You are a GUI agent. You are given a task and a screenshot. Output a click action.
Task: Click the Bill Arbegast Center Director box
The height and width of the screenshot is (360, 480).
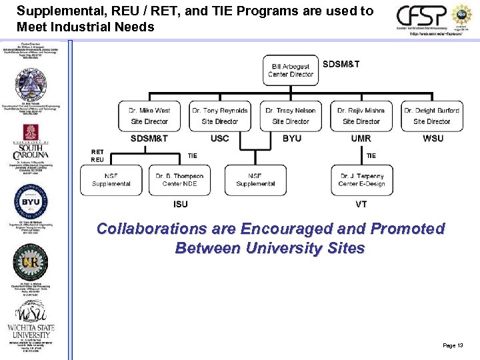(x=291, y=70)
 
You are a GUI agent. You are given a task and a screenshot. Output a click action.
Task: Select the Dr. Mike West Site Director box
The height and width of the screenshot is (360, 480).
(x=149, y=116)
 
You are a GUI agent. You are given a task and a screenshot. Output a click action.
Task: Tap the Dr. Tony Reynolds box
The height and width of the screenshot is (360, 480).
(x=219, y=116)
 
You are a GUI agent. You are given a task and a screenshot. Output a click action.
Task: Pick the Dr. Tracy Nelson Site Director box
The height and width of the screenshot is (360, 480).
(x=291, y=116)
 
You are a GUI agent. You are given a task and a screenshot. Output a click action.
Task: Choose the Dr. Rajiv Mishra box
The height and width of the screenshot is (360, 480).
(x=361, y=116)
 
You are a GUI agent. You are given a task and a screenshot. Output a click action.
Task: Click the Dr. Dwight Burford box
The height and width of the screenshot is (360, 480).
(x=432, y=116)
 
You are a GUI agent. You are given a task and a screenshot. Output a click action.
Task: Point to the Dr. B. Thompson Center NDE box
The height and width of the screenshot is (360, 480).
(x=179, y=180)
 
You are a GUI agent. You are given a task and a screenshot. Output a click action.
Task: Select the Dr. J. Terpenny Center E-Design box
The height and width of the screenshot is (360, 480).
(x=361, y=180)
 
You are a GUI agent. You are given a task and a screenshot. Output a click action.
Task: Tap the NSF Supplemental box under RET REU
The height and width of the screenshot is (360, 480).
(x=111, y=180)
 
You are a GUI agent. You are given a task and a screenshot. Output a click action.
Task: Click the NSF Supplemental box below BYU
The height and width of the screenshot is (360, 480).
(x=255, y=180)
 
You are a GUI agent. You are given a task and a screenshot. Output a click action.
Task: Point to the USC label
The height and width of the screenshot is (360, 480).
(x=219, y=139)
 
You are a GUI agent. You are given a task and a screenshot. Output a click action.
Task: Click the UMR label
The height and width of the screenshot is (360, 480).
(x=361, y=139)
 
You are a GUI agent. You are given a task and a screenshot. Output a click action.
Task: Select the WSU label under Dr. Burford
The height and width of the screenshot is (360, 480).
(x=433, y=139)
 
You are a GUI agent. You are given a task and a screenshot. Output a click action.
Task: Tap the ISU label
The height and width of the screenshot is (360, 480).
(x=180, y=204)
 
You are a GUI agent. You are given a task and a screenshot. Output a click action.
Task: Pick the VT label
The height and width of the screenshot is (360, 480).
(x=361, y=204)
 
